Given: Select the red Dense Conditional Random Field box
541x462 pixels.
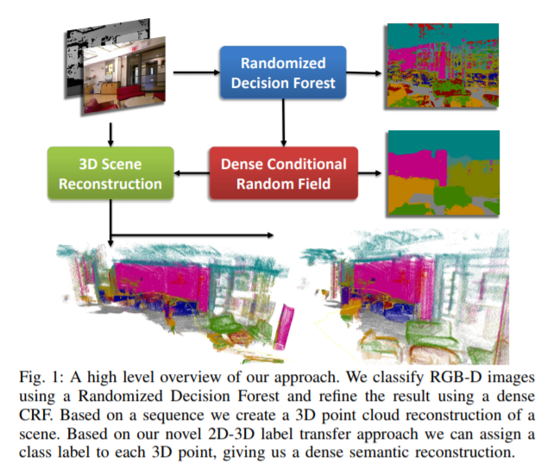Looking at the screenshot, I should tap(284, 172).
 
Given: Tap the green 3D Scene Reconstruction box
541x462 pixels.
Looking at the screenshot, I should tap(110, 172).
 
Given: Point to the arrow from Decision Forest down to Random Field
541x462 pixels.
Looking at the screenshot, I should tap(283, 122).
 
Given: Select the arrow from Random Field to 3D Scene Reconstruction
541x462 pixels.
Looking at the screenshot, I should tap(192, 172).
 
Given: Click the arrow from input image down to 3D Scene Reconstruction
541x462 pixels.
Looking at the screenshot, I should tap(110, 130).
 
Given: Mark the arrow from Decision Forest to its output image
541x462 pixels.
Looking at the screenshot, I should tap(365, 74).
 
